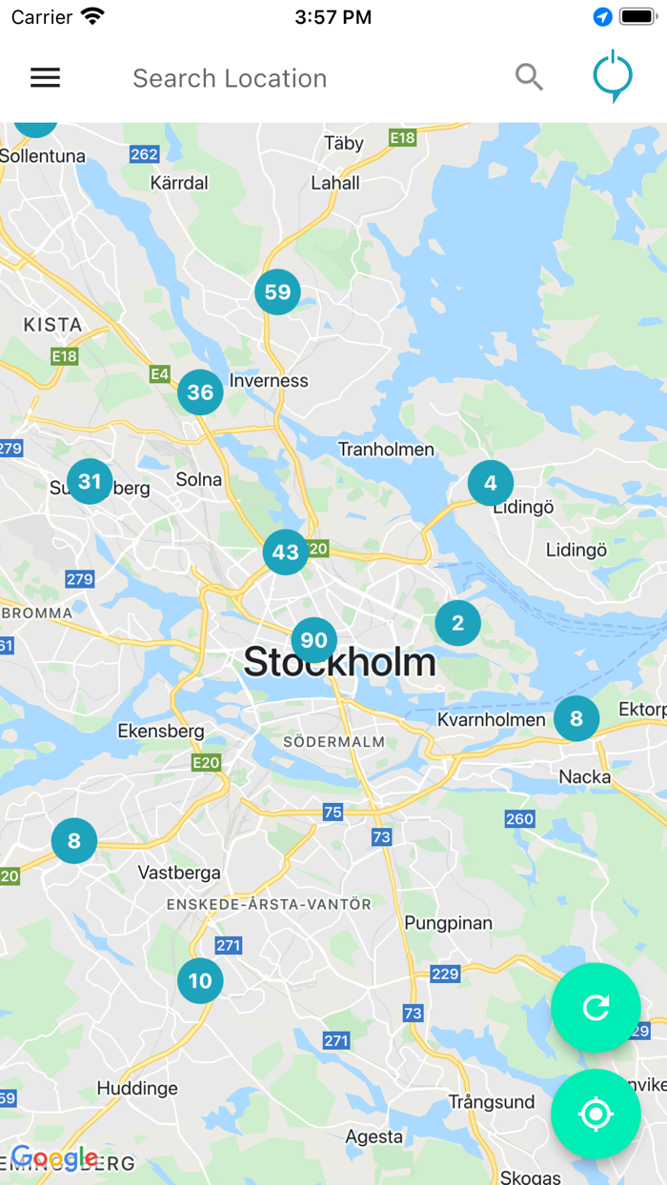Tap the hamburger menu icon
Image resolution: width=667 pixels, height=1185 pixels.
pyautogui.click(x=45, y=78)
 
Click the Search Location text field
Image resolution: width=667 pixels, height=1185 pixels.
pyautogui.click(x=286, y=78)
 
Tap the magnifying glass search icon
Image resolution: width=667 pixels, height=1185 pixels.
pyautogui.click(x=529, y=77)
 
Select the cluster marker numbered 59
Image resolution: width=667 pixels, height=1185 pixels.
pyautogui.click(x=277, y=292)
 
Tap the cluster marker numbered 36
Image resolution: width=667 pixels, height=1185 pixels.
pyautogui.click(x=200, y=392)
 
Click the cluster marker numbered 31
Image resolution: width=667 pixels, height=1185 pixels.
pyautogui.click(x=90, y=482)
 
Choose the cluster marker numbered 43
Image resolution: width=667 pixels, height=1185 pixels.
pyautogui.click(x=286, y=552)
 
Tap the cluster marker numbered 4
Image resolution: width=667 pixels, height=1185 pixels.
pyautogui.click(x=490, y=483)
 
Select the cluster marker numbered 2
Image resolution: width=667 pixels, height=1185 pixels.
pyautogui.click(x=457, y=624)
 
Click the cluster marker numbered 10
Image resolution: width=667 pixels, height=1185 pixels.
pyautogui.click(x=200, y=981)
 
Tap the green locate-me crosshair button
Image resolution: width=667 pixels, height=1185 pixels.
pyautogui.click(x=596, y=1114)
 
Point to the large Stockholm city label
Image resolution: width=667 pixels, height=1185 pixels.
pyautogui.click(x=339, y=662)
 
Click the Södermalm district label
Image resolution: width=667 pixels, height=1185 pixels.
pyautogui.click(x=333, y=741)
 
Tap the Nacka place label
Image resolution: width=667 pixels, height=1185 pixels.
pyautogui.click(x=584, y=777)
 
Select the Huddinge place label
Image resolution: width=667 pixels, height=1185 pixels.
pyautogui.click(x=137, y=1088)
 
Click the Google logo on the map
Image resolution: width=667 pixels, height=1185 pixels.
pyautogui.click(x=54, y=1158)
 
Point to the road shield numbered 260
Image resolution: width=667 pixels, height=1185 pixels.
pyautogui.click(x=519, y=819)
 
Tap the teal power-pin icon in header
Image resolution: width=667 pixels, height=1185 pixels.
pyautogui.click(x=612, y=76)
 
